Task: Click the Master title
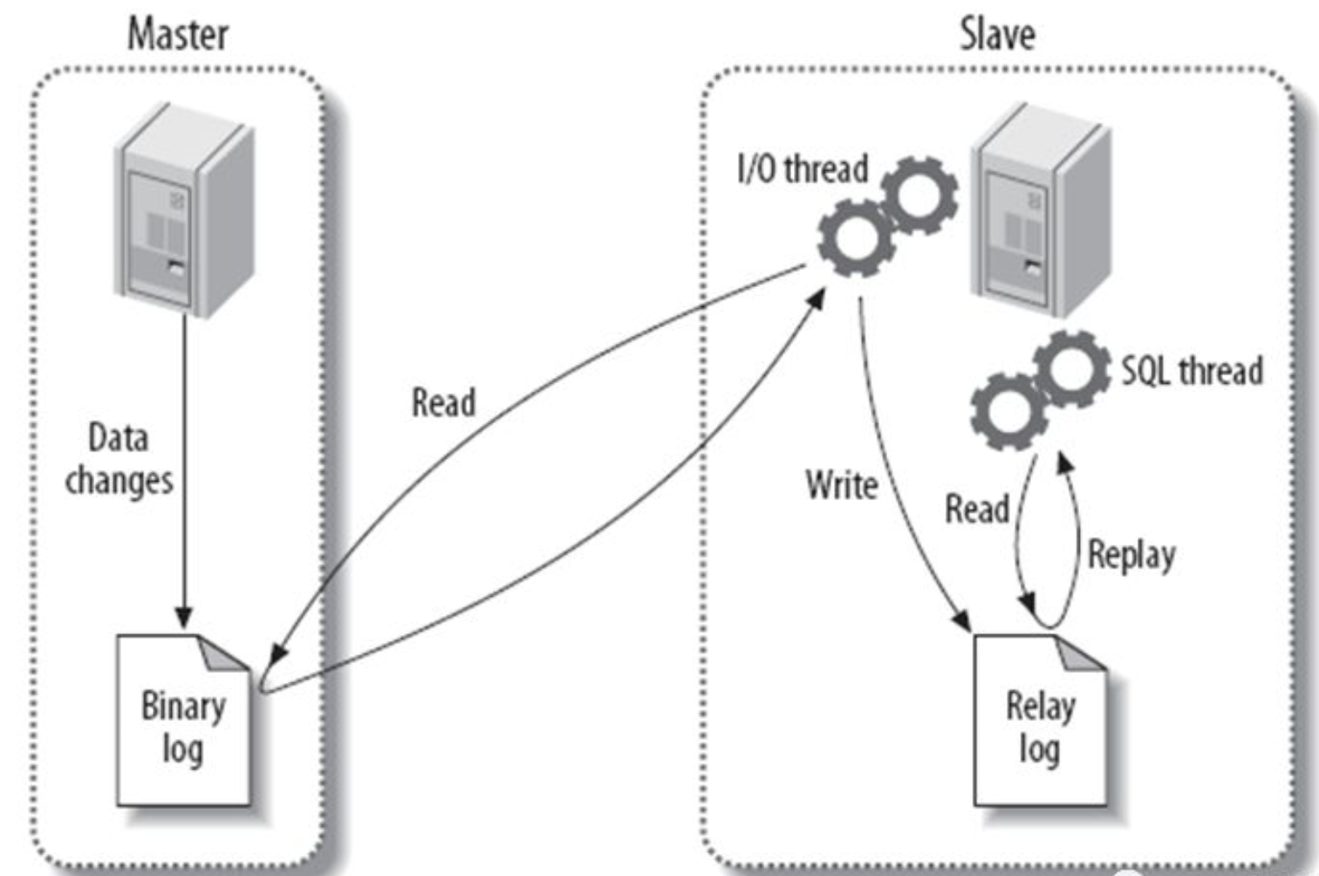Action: point(178,35)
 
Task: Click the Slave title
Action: point(997,35)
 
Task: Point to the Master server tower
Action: point(185,209)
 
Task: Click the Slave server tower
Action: point(1042,209)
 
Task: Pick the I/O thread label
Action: point(803,168)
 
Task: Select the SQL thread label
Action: point(1192,371)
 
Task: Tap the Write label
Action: point(841,485)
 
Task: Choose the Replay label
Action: point(1131,555)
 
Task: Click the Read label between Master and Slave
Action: point(443,403)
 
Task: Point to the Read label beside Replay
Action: point(977,509)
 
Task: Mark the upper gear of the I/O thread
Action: point(919,195)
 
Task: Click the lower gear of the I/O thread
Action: point(856,237)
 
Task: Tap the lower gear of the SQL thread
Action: point(1008,410)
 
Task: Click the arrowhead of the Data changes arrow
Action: point(184,616)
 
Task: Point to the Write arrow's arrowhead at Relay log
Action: point(962,619)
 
